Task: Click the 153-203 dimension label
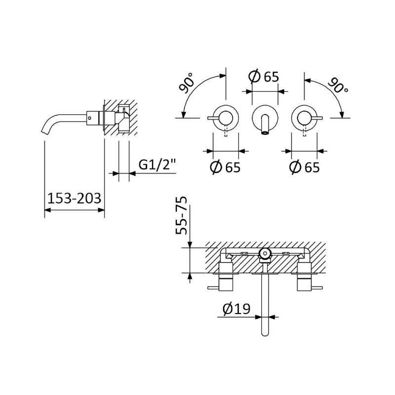coord(75,198)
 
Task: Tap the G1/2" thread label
coord(157,165)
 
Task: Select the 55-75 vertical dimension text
coord(182,216)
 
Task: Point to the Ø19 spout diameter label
coord(237,309)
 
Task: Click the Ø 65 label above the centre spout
coord(264,77)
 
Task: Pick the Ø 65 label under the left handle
coord(225,167)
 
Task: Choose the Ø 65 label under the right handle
coord(304,167)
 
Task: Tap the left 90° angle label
coord(186,82)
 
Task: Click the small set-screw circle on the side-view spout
coord(89,118)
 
